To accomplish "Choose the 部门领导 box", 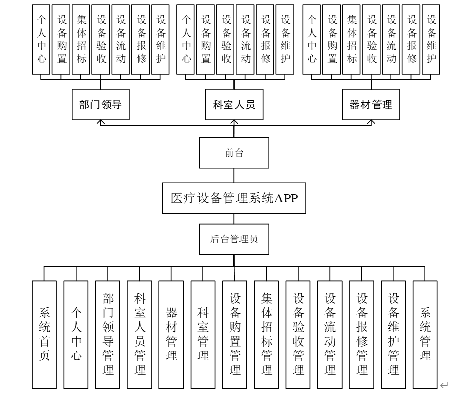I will [101, 105].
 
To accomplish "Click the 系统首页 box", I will [44, 334].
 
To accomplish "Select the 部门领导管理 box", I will [108, 334].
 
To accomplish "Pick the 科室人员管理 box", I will [139, 334].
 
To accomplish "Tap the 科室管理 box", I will [203, 334].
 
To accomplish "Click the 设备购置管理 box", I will [234, 334].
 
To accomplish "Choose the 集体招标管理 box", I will [267, 334].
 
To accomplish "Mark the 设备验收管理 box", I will [298, 334].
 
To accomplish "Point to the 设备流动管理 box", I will [330, 334].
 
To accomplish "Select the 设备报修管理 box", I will [362, 334].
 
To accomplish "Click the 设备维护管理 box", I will [393, 334].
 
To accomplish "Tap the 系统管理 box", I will [425, 334].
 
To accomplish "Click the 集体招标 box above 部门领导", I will [81, 39].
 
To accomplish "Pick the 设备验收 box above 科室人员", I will [226, 39].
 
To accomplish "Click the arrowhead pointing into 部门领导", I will [101, 123].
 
